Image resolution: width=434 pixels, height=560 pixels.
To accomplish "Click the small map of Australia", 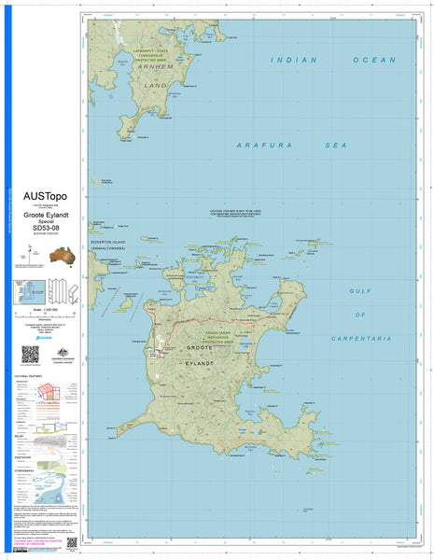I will [x=63, y=253].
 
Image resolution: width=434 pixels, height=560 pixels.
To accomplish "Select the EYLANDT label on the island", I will [x=198, y=361].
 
